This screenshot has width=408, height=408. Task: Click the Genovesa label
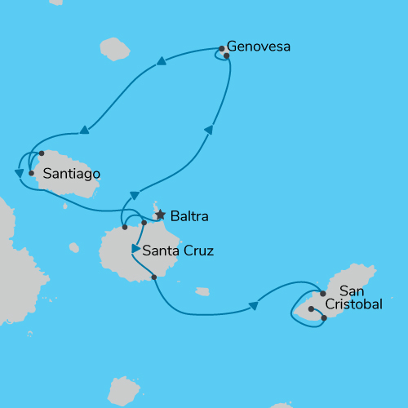point(258,47)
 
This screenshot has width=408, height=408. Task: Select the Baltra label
point(189,216)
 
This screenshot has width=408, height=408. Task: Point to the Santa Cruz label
point(178,251)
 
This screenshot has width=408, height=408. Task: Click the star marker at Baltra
point(160,215)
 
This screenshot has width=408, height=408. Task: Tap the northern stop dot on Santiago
point(41,153)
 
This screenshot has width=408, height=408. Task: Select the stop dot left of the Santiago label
point(31,173)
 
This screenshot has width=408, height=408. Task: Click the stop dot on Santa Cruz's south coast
point(154,277)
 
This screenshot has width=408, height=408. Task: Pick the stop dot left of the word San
point(323,293)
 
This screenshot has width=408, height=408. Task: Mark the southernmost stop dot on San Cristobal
point(324,318)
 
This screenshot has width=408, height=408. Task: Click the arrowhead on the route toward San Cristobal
point(253,306)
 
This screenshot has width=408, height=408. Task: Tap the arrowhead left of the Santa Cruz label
point(135,248)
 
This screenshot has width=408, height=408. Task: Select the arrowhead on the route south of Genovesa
point(209,130)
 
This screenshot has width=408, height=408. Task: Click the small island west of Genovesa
point(115,49)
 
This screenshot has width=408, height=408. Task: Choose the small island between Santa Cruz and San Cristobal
point(202,291)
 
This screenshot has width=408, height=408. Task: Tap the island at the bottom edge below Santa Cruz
point(123,390)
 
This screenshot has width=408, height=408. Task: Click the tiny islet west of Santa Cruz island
point(74,246)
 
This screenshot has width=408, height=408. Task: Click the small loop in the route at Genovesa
point(220,55)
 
